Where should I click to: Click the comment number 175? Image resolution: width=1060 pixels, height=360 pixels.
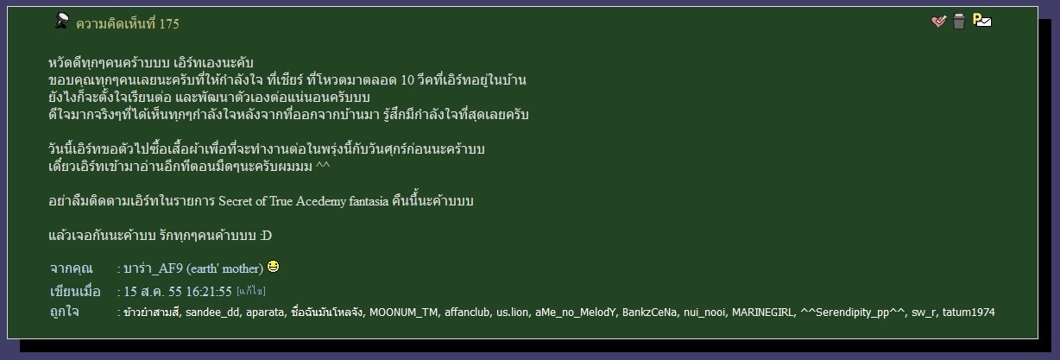[x=169, y=23]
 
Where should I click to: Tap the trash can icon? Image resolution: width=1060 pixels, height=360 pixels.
[x=959, y=22]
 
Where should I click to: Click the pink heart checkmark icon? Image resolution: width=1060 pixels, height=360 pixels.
[x=938, y=22]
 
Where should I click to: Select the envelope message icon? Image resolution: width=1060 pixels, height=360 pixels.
[x=982, y=21]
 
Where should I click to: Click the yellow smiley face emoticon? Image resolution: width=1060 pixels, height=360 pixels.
[x=273, y=267]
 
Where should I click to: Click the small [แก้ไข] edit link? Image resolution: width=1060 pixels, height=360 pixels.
[x=251, y=291]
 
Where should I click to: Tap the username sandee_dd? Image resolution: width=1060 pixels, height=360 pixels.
[x=212, y=313]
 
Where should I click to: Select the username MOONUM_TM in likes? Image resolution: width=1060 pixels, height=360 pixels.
[x=403, y=313]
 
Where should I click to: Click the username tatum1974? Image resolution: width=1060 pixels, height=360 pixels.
[x=969, y=313]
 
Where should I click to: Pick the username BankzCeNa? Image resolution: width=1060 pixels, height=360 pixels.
[x=649, y=313]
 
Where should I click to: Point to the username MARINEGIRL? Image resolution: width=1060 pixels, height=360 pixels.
[x=763, y=313]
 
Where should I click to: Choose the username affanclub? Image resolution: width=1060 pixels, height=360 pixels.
[x=467, y=313]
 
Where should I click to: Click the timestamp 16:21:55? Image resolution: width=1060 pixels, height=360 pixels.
[x=209, y=292]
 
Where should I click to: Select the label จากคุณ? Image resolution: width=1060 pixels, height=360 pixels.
[x=71, y=268]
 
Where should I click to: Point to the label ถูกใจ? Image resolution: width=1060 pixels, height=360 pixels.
[x=65, y=312]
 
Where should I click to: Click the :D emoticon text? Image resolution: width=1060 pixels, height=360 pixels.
[x=266, y=236]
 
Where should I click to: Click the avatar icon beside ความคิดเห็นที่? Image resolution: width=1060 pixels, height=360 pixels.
[x=61, y=22]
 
